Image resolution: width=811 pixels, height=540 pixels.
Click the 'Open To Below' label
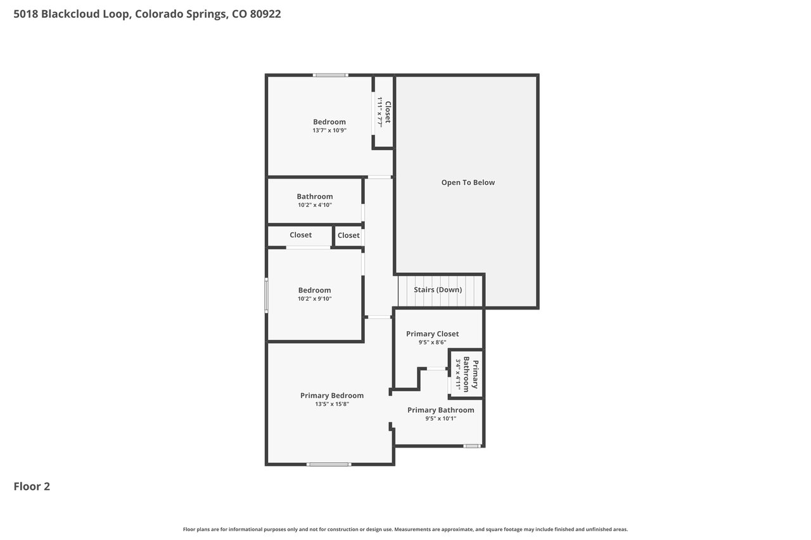(468, 183)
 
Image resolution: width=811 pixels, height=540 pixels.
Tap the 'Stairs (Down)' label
(438, 290)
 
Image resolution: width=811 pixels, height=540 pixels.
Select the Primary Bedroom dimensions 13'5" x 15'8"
(331, 404)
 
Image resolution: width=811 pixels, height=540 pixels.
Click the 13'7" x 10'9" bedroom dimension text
(329, 130)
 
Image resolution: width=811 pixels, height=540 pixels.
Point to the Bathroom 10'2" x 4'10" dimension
(315, 205)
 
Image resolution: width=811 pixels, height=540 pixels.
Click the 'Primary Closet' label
(432, 334)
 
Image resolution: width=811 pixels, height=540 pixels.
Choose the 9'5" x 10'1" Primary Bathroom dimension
(440, 418)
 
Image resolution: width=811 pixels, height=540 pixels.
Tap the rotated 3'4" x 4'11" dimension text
(458, 374)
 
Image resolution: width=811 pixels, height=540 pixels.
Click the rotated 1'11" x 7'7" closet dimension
(380, 112)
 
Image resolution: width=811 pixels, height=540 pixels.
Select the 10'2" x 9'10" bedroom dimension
(314, 299)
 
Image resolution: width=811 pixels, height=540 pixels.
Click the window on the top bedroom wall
(330, 75)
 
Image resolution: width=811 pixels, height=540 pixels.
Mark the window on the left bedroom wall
(267, 296)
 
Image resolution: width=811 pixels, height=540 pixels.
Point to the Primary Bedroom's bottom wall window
(329, 465)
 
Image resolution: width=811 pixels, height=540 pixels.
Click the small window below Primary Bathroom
(472, 446)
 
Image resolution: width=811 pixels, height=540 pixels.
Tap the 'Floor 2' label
(32, 486)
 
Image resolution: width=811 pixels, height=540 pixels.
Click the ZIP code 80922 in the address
(265, 14)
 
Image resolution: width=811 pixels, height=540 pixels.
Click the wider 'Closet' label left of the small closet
(300, 235)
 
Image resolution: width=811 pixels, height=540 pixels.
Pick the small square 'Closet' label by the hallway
(348, 235)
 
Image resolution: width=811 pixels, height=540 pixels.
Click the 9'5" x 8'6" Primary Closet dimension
(432, 342)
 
